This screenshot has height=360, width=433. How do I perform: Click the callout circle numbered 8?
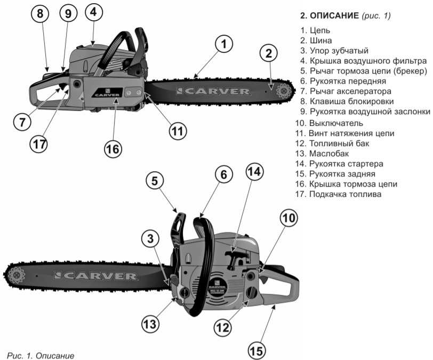pos(40,14)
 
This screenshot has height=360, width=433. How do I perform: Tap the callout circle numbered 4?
pos(93,13)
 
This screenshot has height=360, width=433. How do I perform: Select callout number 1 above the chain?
pos(224,45)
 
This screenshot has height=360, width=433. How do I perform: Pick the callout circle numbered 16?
pos(113,149)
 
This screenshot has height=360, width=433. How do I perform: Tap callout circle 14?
pos(255,172)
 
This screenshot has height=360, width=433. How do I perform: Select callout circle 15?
pos(256,350)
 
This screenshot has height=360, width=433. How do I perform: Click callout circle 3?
pos(151,240)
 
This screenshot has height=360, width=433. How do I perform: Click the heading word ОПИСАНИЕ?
pos(332,16)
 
